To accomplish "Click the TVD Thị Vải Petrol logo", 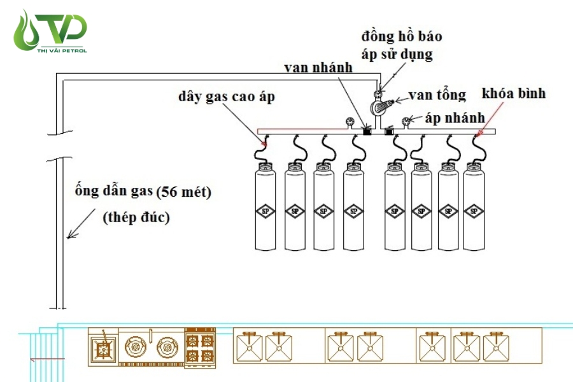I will [50, 31].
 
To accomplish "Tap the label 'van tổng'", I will [437, 95].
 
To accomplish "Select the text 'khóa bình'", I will [514, 94].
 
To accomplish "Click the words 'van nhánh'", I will [319, 67].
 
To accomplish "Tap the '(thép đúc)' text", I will [136, 216].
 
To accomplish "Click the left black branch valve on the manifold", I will [366, 132].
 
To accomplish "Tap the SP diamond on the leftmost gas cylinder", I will [266, 211].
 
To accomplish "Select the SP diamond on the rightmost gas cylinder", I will [473, 211].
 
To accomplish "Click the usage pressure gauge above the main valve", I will [378, 94].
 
